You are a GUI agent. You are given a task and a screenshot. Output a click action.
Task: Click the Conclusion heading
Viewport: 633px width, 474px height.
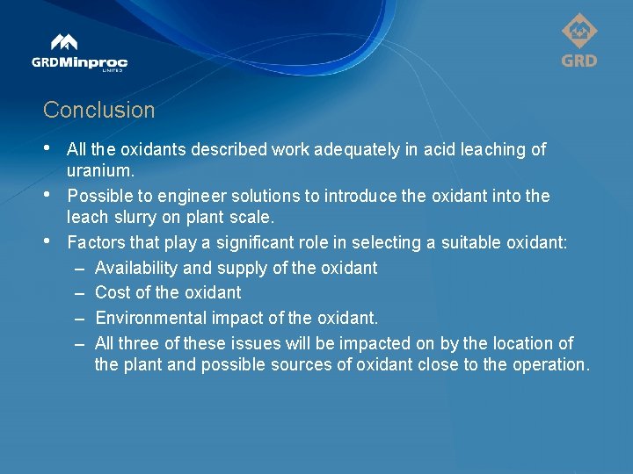[98, 111]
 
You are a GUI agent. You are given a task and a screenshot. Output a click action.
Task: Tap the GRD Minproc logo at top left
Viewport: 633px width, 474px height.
[79, 53]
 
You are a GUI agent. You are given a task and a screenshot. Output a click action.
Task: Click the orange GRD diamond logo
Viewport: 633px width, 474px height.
[578, 39]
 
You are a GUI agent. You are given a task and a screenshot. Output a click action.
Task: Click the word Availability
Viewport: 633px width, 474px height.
[136, 268]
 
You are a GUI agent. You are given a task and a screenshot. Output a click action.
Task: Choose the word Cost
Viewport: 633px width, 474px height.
[112, 292]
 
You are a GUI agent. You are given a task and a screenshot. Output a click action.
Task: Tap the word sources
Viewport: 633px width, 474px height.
[290, 364]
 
